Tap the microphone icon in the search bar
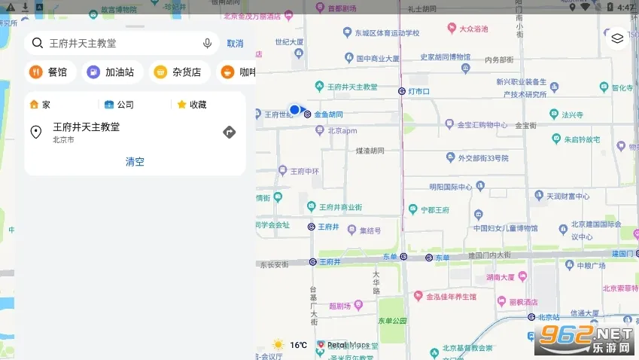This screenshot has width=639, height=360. pyautogui.click(x=207, y=44)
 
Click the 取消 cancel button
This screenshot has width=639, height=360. pyautogui.click(x=235, y=44)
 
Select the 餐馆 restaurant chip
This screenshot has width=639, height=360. pyautogui.click(x=49, y=72)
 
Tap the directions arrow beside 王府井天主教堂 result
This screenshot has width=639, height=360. pyautogui.click(x=230, y=133)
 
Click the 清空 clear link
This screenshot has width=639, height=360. pyautogui.click(x=135, y=161)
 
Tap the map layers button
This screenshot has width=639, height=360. pyautogui.click(x=617, y=39)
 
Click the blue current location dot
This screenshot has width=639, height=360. pyautogui.click(x=294, y=110)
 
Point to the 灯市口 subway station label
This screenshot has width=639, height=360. pyautogui.click(x=418, y=91)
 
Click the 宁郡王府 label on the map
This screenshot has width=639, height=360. pyautogui.click(x=434, y=209)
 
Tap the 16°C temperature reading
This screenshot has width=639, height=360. pyautogui.click(x=298, y=345)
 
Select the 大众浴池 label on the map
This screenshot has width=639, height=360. pyautogui.click(x=474, y=29)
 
